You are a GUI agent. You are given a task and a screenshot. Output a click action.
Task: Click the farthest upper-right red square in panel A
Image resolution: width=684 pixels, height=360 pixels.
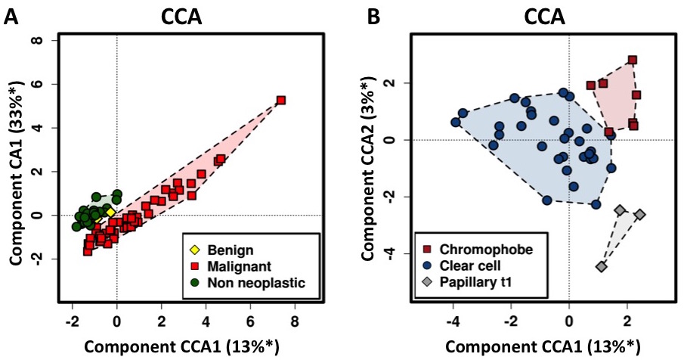[x=280, y=101]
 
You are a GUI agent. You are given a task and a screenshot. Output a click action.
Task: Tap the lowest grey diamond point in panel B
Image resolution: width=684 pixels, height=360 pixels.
[x=602, y=267]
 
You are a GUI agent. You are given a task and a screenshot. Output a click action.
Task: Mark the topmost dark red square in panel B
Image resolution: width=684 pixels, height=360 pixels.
[x=633, y=60]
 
